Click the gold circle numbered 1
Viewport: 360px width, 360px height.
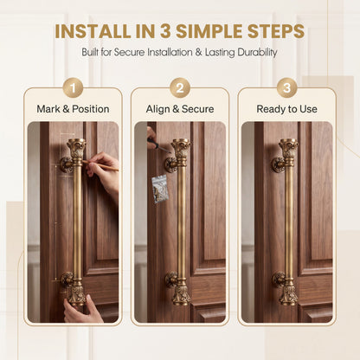[x=73, y=87]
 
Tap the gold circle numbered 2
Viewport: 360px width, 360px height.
[x=180, y=87]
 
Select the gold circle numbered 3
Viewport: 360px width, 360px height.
[x=287, y=87]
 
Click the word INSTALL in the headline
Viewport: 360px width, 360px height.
[x=93, y=31]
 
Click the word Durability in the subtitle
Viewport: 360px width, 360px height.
[x=257, y=53]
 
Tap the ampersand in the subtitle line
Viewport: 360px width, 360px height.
[x=199, y=53]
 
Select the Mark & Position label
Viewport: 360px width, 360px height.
[x=73, y=109]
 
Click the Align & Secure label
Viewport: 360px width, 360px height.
[x=180, y=109]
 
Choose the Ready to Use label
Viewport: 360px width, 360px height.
[x=287, y=109]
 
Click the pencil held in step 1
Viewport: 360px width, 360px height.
[x=100, y=165]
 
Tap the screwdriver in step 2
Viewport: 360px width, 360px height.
[x=158, y=146]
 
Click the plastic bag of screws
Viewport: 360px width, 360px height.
[x=159, y=189]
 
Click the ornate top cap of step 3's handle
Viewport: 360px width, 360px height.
[x=288, y=148]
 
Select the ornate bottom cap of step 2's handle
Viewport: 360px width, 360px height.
[x=182, y=294]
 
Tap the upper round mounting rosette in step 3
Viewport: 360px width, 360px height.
[x=278, y=165]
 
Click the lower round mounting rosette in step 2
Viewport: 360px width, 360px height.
[x=171, y=280]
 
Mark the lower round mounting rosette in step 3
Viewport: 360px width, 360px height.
[x=279, y=279]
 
